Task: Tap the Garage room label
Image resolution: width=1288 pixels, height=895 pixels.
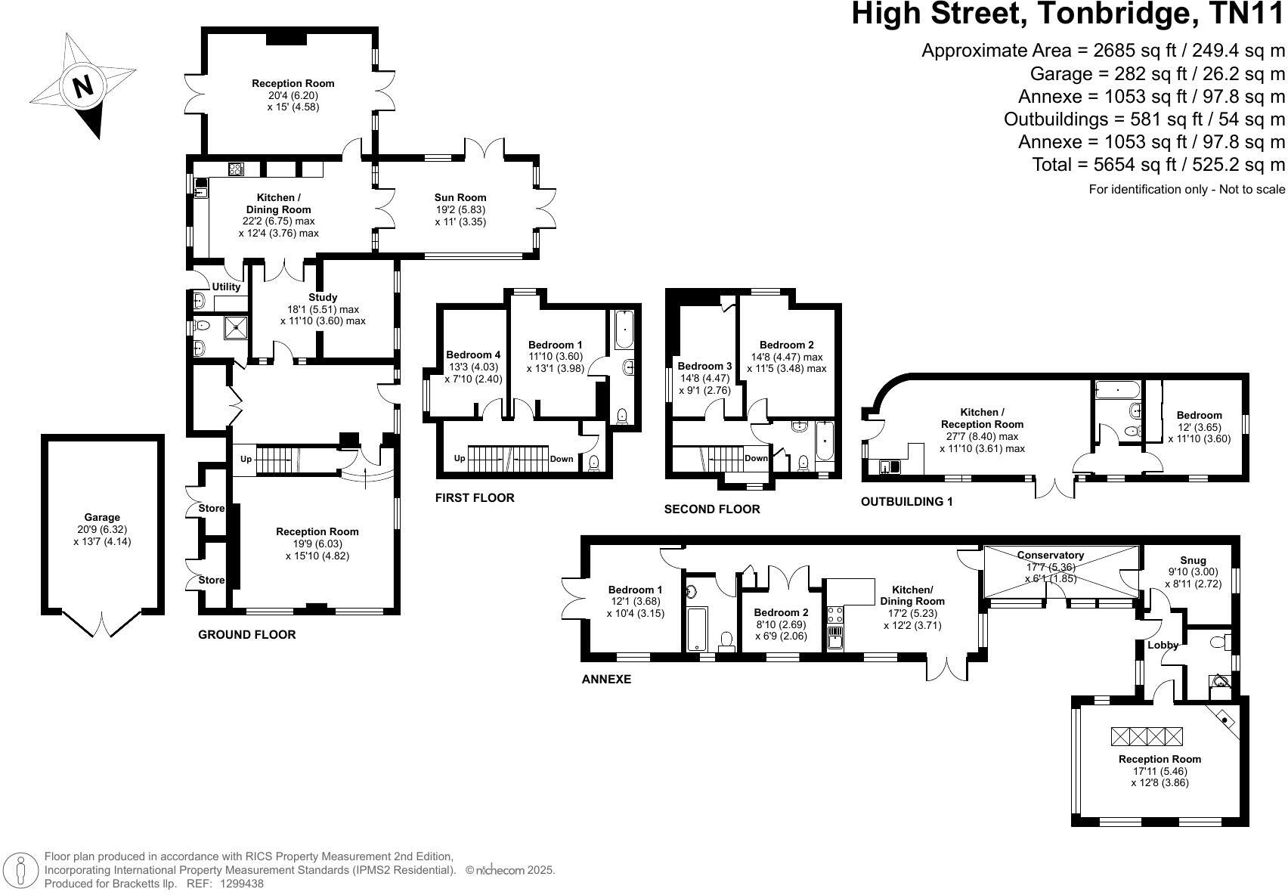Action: click(x=102, y=518)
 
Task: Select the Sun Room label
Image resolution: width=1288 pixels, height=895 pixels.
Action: click(x=460, y=198)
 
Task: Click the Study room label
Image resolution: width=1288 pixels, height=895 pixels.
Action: click(x=323, y=297)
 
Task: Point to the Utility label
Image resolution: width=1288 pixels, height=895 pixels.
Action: click(x=226, y=286)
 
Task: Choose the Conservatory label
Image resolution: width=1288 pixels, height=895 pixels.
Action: click(x=1050, y=555)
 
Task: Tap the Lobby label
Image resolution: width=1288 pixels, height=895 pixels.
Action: click(x=1163, y=645)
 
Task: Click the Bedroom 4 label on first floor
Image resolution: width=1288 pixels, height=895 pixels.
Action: click(x=473, y=355)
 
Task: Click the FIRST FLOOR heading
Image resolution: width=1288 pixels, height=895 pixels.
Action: click(x=475, y=497)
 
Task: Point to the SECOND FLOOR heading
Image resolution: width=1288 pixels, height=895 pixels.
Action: click(x=711, y=509)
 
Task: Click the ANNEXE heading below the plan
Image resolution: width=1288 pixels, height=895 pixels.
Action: click(x=606, y=679)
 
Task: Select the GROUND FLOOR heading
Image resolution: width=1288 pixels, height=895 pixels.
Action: click(x=246, y=634)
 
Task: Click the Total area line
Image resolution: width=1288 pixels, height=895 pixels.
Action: click(x=1158, y=164)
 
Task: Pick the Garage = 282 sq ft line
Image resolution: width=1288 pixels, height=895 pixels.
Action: click(x=1156, y=73)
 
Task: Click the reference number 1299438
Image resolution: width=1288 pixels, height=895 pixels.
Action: click(x=241, y=883)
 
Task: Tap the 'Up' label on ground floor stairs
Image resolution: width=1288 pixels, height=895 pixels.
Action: click(x=246, y=459)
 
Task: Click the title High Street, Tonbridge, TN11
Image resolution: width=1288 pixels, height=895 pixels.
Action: click(x=1068, y=15)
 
